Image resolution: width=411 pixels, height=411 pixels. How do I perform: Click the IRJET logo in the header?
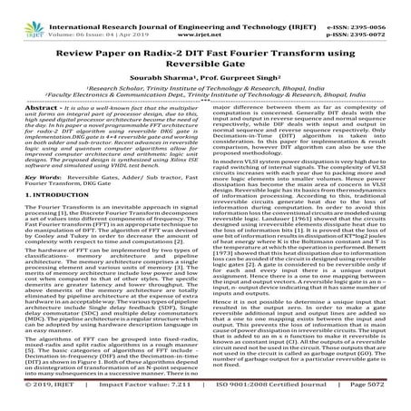pos(24,15)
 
